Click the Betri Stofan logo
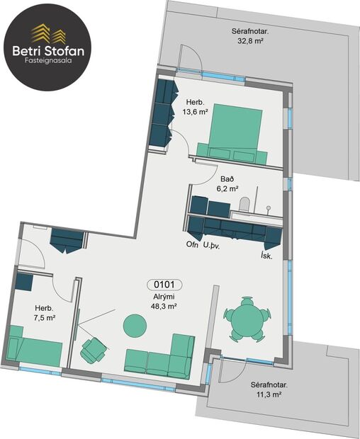[x=45, y=45]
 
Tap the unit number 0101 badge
[x=164, y=285]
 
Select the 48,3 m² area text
[x=164, y=307]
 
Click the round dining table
[x=247, y=319]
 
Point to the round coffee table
[x=135, y=326]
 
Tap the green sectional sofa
[x=161, y=357]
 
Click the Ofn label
[x=192, y=245]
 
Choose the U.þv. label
[x=213, y=245]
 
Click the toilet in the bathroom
[x=244, y=205]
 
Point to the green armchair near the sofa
[x=93, y=349]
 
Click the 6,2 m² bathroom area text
[x=227, y=190]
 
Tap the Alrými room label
[x=164, y=297]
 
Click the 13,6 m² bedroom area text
[x=193, y=112]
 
